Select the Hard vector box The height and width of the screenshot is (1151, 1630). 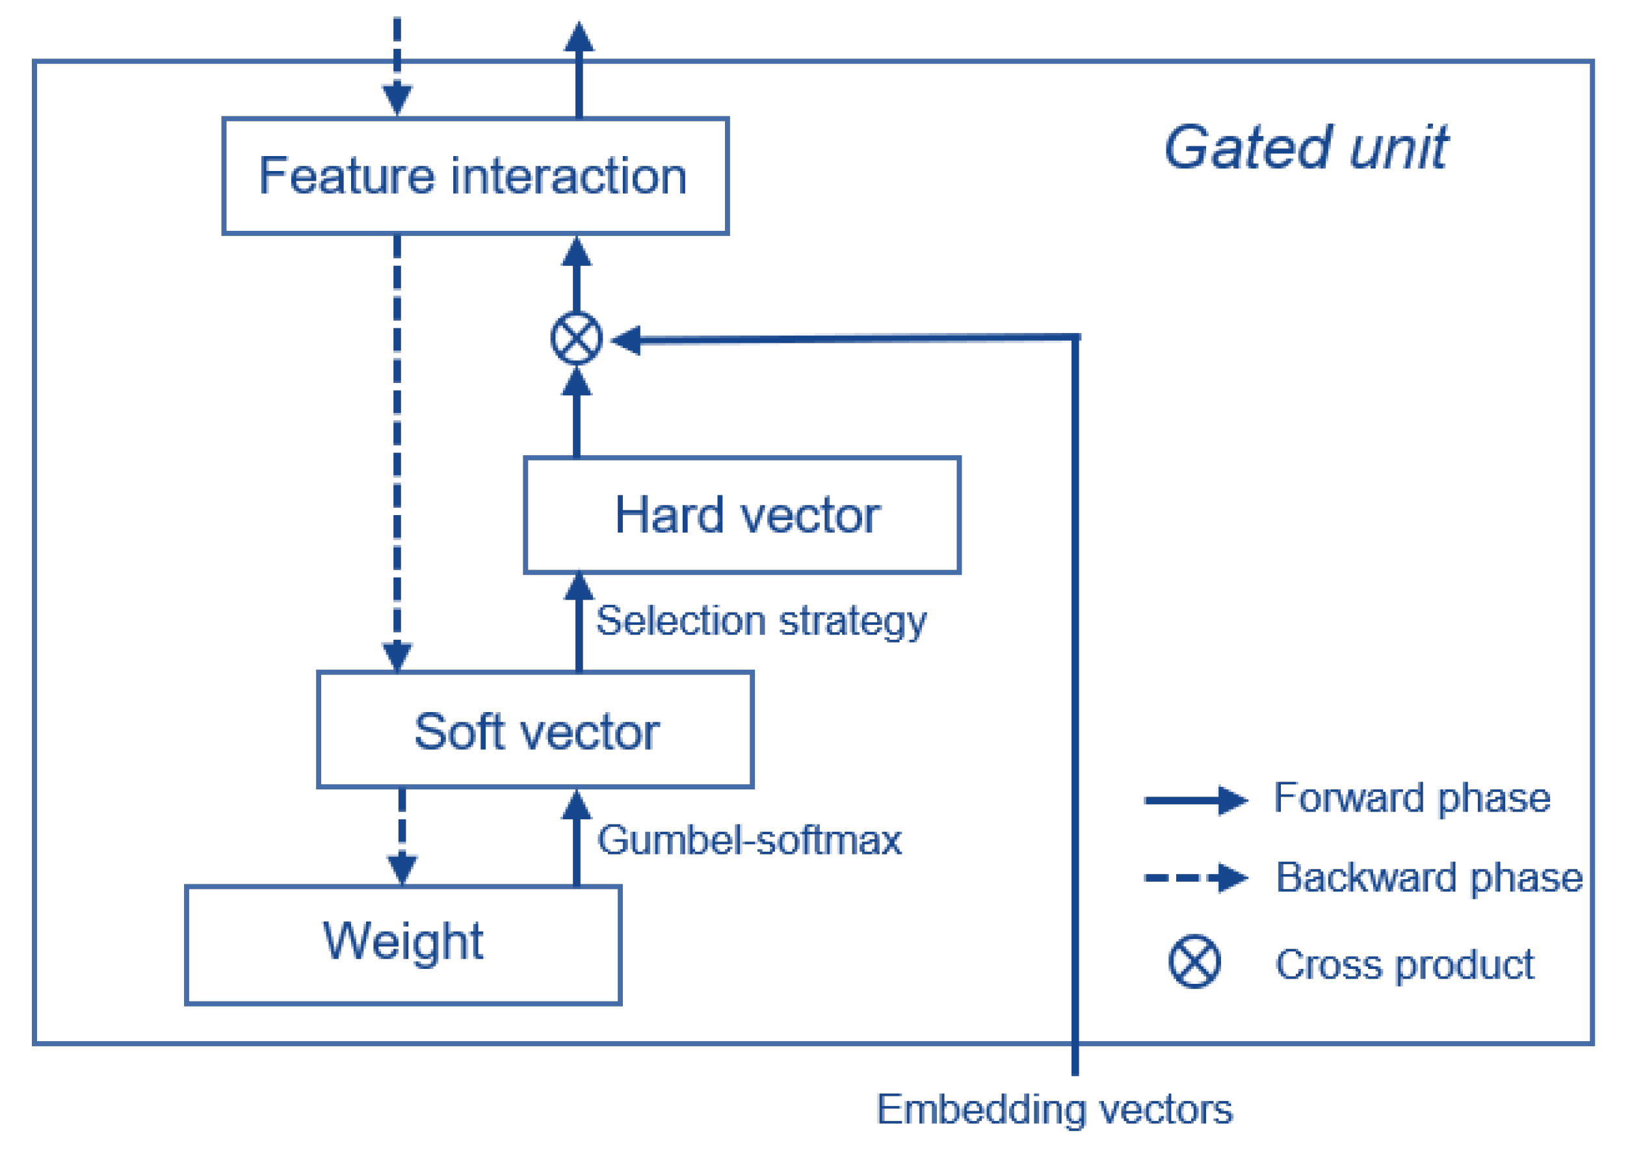tap(742, 515)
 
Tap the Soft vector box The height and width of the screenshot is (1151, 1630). tap(535, 731)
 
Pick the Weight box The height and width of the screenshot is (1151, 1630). tap(402, 945)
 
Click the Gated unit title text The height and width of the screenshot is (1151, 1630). tap(1305, 148)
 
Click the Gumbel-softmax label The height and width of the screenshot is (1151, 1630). tap(749, 841)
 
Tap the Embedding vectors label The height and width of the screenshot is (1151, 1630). tap(1054, 1110)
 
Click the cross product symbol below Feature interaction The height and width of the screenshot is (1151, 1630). tap(577, 339)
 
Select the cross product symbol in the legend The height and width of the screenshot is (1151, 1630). tap(1194, 962)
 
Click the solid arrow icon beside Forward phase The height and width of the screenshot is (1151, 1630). tap(1196, 800)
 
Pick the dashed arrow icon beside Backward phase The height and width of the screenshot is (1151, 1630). tap(1196, 879)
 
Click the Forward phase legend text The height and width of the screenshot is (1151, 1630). tap(1412, 798)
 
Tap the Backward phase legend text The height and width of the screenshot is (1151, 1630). tap(1428, 878)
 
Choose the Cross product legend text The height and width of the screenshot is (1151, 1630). tap(1404, 964)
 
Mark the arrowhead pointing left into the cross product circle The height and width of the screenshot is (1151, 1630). tap(626, 340)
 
